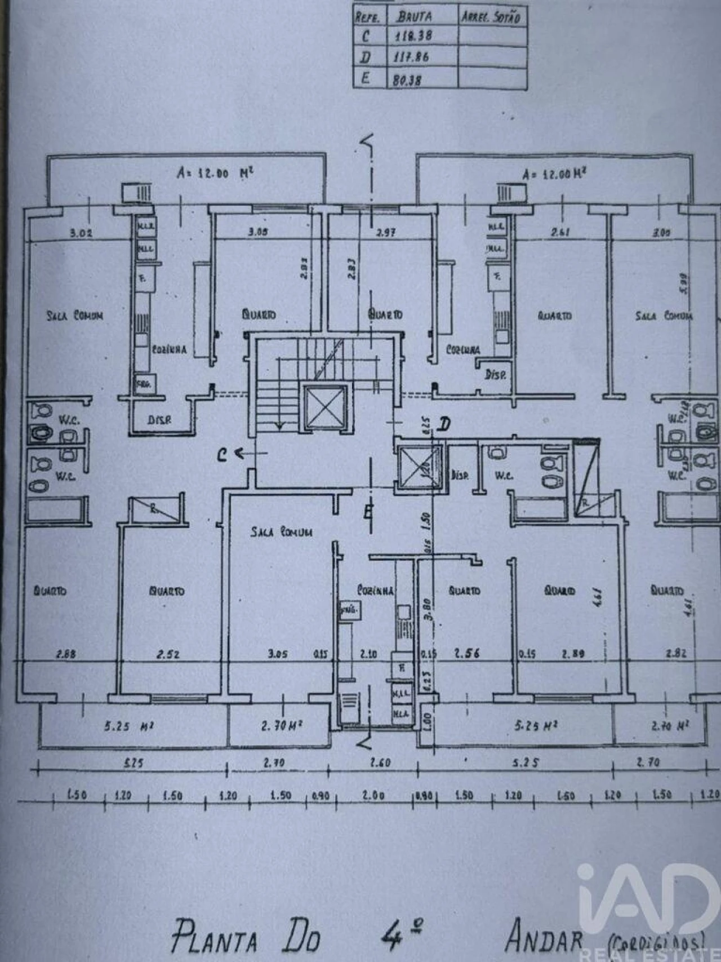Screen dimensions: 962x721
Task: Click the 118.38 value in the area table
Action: [414, 36]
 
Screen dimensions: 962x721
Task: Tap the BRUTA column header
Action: [414, 16]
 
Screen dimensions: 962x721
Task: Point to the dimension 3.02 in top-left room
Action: [81, 232]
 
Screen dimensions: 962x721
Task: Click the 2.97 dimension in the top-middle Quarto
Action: [385, 232]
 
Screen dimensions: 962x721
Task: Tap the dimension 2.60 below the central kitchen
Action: [381, 762]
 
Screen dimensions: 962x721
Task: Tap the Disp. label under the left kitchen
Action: [159, 420]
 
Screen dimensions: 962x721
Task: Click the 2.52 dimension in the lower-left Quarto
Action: [168, 654]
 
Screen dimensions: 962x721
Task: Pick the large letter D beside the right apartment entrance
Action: [444, 424]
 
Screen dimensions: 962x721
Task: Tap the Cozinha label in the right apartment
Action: [463, 349]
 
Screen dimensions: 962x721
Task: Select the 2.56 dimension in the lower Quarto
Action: [467, 653]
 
